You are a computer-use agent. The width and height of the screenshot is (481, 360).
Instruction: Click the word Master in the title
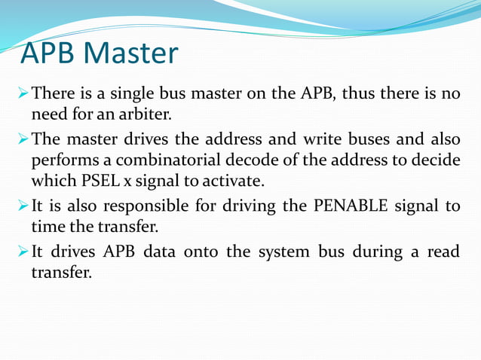(132, 53)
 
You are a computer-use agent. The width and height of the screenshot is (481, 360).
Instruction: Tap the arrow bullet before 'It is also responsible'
(23, 206)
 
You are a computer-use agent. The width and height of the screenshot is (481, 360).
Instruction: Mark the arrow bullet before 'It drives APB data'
(23, 251)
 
